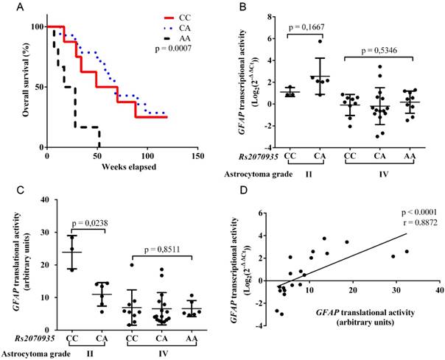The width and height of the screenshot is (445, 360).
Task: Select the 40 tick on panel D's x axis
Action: tap(439, 292)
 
